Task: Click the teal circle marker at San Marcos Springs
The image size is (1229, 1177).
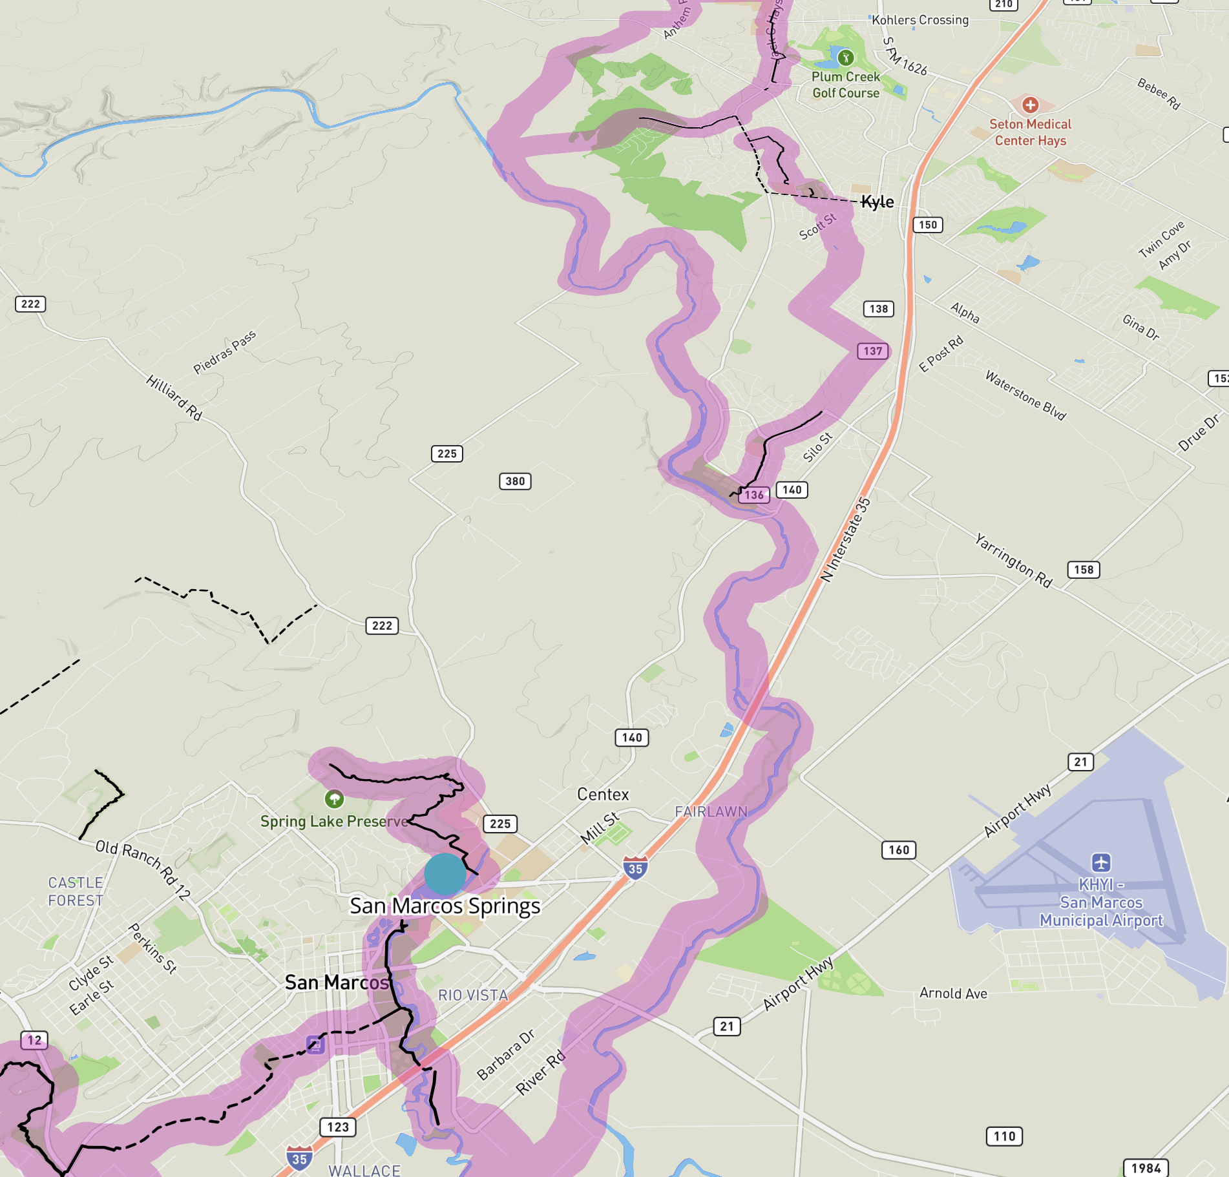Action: click(445, 873)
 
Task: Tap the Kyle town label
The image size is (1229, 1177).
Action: click(877, 202)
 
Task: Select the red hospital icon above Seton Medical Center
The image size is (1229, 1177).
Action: click(1030, 105)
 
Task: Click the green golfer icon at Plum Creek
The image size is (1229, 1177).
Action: click(846, 58)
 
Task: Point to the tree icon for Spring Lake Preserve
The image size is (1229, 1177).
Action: click(334, 799)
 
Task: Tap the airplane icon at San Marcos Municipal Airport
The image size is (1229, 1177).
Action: click(1101, 862)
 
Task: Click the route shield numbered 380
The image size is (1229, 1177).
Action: click(515, 481)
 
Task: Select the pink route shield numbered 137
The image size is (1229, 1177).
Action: click(873, 351)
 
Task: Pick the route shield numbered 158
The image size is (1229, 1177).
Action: click(1084, 570)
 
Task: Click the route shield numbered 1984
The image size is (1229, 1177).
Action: click(1146, 1168)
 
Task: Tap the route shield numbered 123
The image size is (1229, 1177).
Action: click(338, 1127)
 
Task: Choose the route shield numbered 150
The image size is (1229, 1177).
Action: click(928, 225)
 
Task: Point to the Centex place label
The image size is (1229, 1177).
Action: click(603, 795)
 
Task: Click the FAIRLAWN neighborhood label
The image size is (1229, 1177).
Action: click(711, 812)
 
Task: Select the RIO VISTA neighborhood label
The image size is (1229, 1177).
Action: click(473, 995)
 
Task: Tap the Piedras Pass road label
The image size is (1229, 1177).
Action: click(224, 352)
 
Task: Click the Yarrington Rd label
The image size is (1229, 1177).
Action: click(1013, 560)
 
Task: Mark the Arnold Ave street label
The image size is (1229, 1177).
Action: click(953, 994)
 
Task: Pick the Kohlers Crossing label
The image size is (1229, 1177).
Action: click(920, 20)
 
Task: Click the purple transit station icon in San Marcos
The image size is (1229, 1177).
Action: click(315, 1044)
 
